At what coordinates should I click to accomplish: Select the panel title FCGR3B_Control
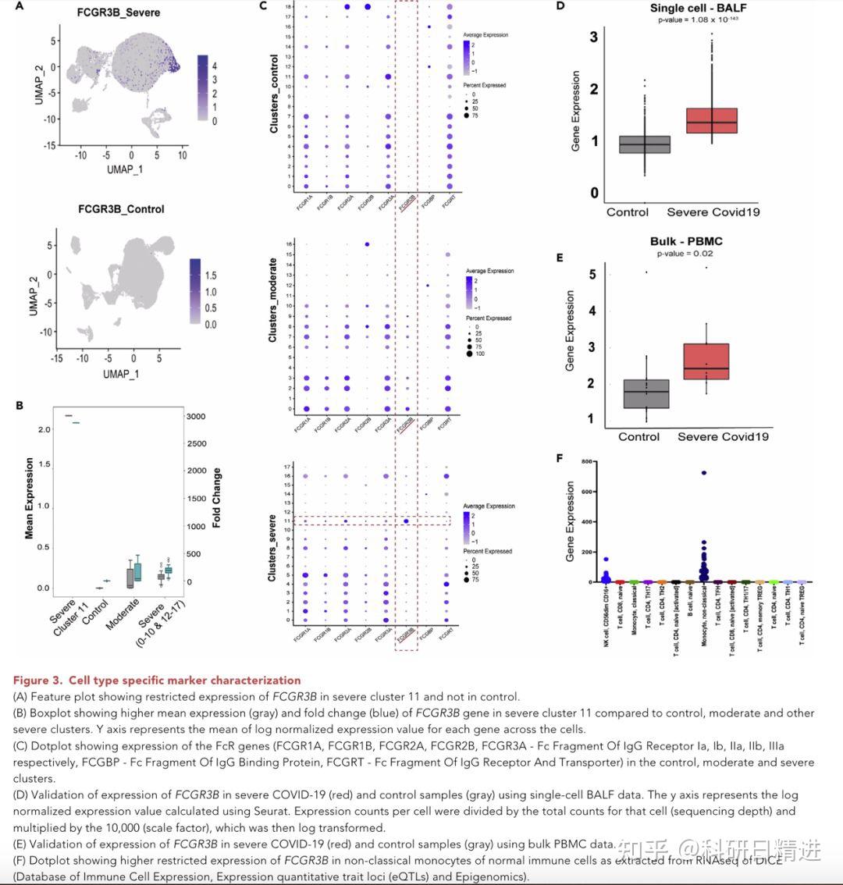click(x=121, y=209)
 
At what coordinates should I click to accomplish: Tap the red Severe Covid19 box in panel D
click(x=713, y=121)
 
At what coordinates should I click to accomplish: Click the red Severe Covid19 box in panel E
click(x=706, y=361)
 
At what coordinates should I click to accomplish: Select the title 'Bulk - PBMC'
click(x=685, y=242)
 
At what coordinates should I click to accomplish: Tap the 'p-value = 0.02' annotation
click(x=685, y=253)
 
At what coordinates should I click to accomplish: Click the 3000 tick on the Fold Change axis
click(x=195, y=417)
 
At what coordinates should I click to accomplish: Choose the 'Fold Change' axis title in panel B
click(x=217, y=498)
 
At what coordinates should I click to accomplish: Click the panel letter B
click(x=20, y=405)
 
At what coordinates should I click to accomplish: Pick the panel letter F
click(x=559, y=458)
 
